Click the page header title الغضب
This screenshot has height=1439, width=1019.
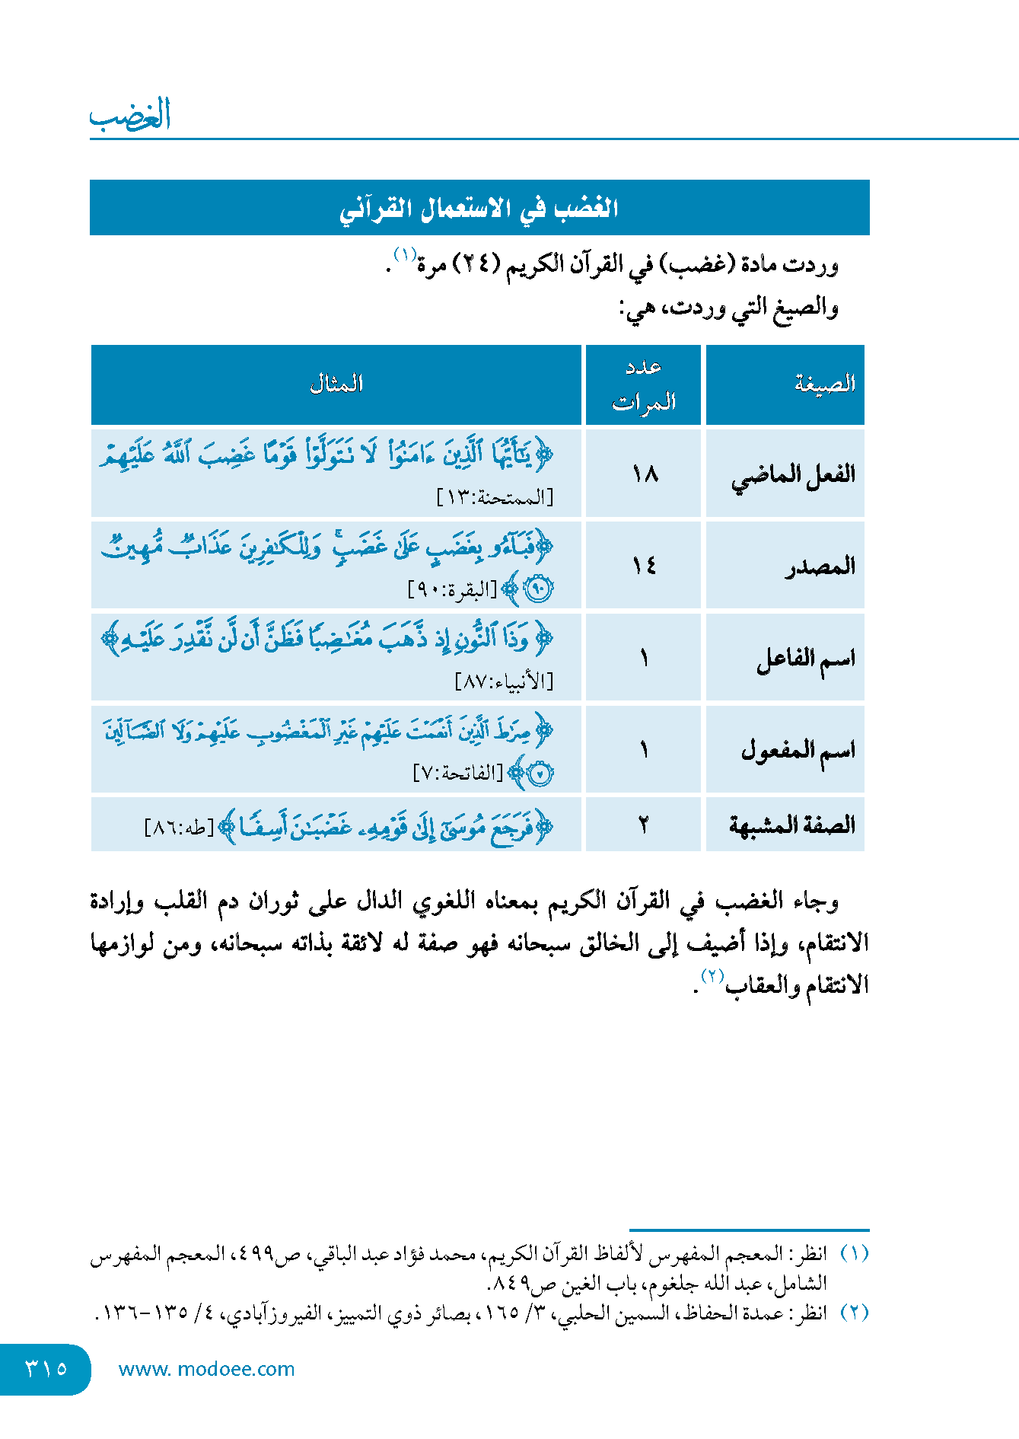(x=130, y=115)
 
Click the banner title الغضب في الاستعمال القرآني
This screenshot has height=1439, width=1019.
(x=479, y=209)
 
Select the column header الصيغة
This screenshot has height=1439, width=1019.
(x=824, y=384)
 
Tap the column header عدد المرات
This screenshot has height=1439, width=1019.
(x=644, y=384)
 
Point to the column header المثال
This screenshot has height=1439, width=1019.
(x=336, y=384)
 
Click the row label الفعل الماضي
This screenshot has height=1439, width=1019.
(x=793, y=474)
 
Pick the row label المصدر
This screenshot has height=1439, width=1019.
(x=820, y=566)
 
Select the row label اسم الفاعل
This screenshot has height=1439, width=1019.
(x=805, y=659)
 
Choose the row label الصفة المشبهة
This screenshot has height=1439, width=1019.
(x=791, y=825)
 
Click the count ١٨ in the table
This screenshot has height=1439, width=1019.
(x=644, y=474)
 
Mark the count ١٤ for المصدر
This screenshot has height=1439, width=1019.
(x=644, y=566)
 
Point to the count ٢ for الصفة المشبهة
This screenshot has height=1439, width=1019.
(x=644, y=825)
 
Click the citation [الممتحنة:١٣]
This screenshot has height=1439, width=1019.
(x=495, y=498)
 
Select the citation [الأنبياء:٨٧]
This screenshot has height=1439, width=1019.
(x=504, y=681)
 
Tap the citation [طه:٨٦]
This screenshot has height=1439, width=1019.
(x=180, y=828)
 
